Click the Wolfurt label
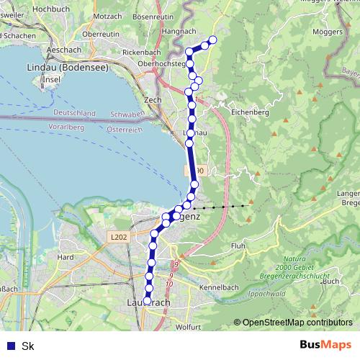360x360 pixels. tap(188, 327)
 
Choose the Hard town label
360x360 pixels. tap(66, 257)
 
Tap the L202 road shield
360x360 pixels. tap(120, 237)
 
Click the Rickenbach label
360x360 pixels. tap(141, 53)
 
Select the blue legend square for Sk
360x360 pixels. tap(9, 346)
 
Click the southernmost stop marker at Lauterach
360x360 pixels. tap(147, 302)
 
